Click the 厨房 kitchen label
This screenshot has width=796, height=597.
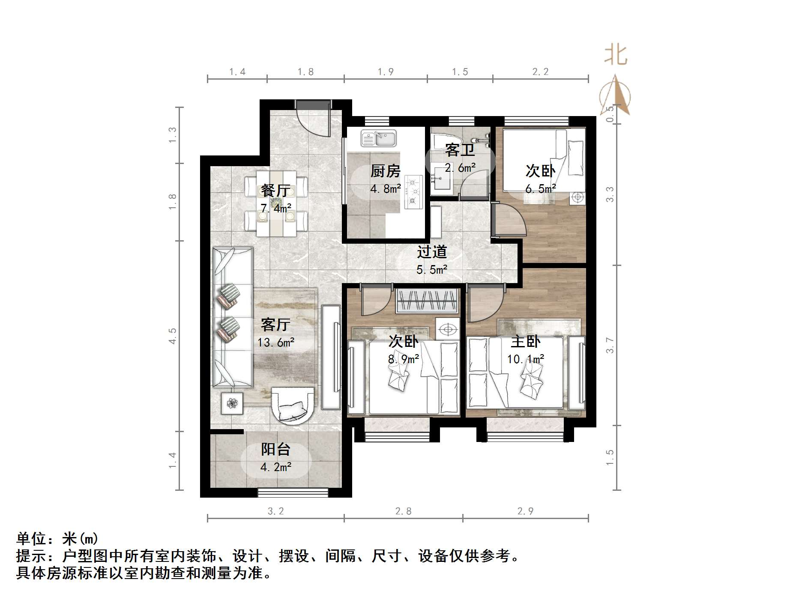point(385,171)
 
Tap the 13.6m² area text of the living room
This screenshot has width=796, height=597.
point(276,342)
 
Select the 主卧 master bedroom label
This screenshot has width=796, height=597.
point(526,341)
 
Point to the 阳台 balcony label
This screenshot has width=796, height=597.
point(276,449)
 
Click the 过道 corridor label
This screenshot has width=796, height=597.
point(432,252)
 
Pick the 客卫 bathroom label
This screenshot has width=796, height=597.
point(460,150)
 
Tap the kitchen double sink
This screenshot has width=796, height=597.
point(379,138)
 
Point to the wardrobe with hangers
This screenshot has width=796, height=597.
point(428,300)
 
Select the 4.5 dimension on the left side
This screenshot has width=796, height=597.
point(173,336)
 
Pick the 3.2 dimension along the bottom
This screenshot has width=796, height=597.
point(275,511)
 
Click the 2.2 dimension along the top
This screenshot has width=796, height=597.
point(540,72)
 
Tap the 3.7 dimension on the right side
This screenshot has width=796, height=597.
point(610,345)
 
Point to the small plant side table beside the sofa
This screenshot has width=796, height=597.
point(232,403)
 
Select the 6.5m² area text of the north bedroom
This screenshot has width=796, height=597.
point(541,188)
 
